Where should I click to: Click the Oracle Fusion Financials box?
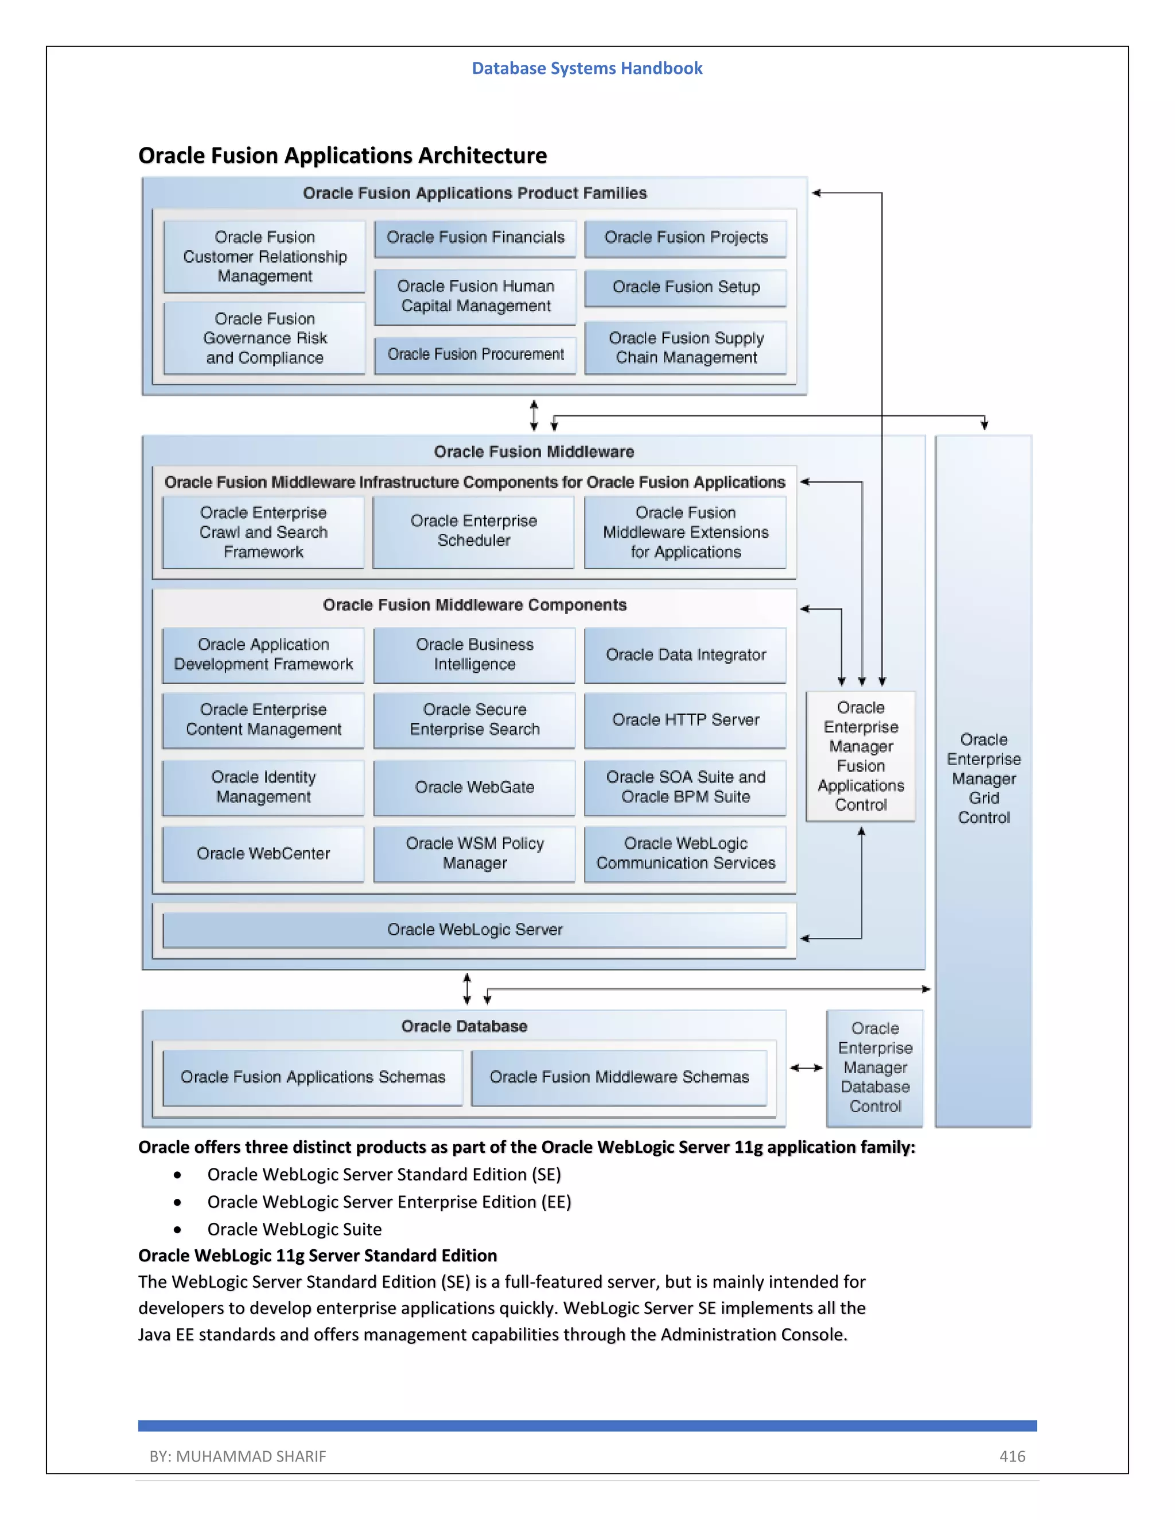click(x=476, y=238)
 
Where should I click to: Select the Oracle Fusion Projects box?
click(x=686, y=238)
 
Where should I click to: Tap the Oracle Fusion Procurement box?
click(x=476, y=355)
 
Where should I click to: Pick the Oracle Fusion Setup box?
click(x=686, y=287)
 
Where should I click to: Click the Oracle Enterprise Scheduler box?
click(x=473, y=531)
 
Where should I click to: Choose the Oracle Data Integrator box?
click(x=686, y=655)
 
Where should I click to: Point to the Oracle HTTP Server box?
click(x=686, y=720)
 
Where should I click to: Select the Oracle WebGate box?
click(x=474, y=788)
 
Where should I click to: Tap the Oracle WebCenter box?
click(x=263, y=854)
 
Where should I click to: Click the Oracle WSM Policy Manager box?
click(x=474, y=854)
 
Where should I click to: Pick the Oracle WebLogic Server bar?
click(x=474, y=930)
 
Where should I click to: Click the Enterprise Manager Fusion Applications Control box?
click(x=861, y=756)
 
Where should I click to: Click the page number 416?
click(x=1012, y=1457)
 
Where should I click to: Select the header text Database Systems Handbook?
click(x=587, y=68)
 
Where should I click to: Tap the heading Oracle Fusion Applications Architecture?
click(x=343, y=155)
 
